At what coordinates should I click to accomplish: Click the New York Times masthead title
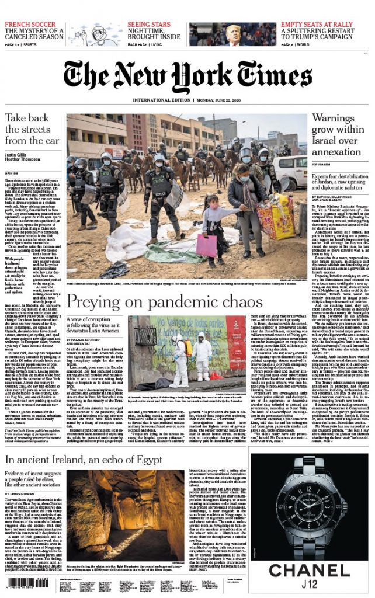pos(187,74)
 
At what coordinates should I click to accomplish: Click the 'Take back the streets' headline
pos(32,128)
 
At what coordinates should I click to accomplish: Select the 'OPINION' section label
pos(13,173)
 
